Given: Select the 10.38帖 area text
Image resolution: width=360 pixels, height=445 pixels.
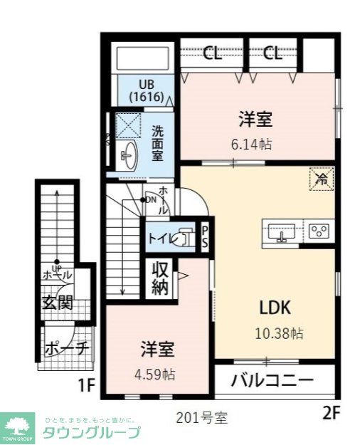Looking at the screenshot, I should tap(280, 333).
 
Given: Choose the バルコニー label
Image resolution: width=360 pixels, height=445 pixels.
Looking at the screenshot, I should tap(272, 380).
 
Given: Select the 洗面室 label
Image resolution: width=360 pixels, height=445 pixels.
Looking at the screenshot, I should tap(157, 143).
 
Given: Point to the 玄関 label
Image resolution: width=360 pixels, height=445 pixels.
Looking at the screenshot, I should tap(56, 302).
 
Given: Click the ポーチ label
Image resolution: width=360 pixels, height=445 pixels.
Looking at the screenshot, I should tap(66, 349).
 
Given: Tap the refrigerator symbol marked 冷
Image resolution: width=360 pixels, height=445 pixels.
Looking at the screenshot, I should tap(322, 178).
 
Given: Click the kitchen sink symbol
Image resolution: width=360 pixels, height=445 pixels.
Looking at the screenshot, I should tap(282, 232).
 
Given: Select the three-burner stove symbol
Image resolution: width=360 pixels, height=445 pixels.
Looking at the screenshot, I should tap(319, 231).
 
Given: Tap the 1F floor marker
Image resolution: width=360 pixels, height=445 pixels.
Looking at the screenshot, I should tap(86, 387).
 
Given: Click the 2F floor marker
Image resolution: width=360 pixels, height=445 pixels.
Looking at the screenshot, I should tap(332, 412).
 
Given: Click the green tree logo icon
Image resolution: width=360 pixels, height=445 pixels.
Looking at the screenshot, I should tap(19, 426).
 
